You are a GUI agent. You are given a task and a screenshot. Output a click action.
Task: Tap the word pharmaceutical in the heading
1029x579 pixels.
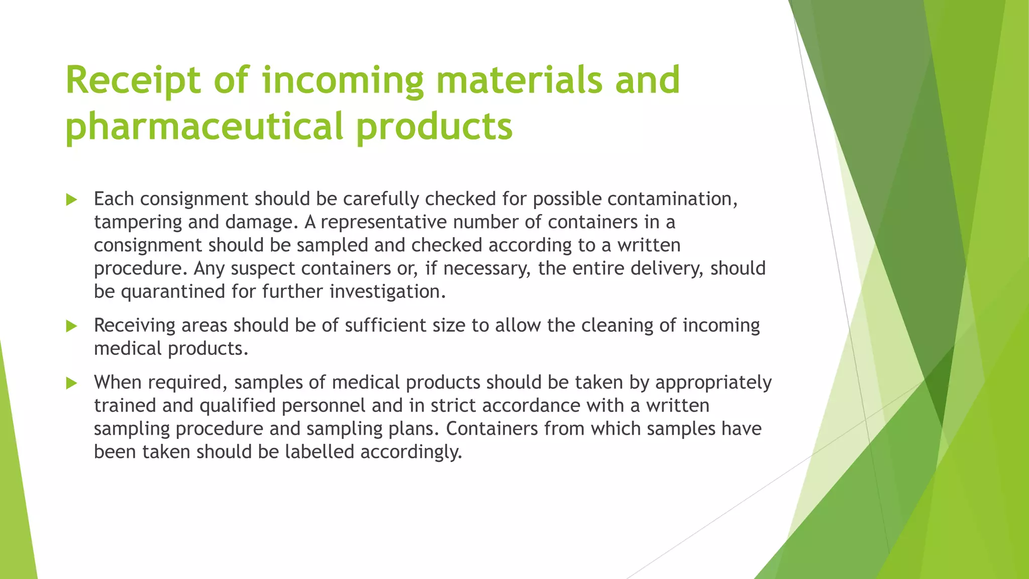pos(204,126)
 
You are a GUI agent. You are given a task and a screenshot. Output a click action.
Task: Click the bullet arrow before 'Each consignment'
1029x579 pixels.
pos(71,200)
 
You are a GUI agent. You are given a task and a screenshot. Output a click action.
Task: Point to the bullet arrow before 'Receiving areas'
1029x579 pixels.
pos(71,326)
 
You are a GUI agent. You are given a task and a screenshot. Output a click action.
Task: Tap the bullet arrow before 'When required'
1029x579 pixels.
pos(71,383)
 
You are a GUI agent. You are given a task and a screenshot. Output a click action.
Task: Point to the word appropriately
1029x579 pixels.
pos(713,383)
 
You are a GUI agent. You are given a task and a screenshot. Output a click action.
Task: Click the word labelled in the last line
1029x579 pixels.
pos(320,452)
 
